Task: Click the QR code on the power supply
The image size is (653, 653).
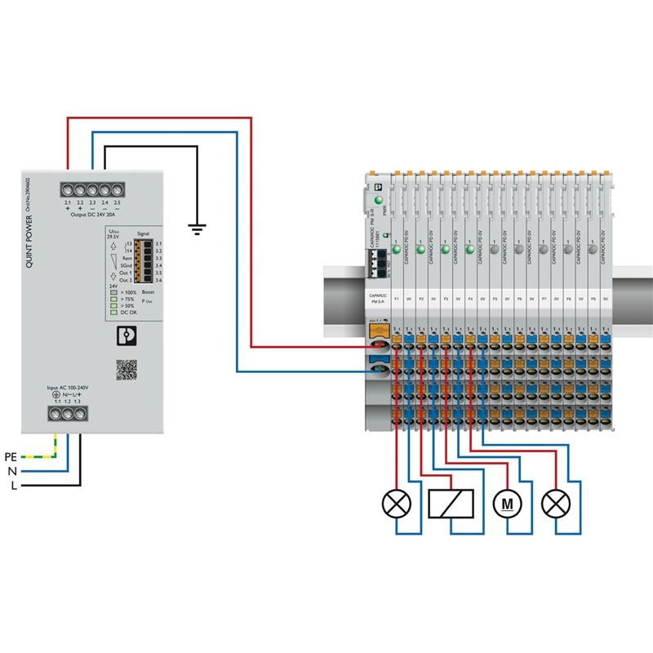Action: (126, 370)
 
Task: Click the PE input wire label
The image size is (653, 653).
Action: (11, 456)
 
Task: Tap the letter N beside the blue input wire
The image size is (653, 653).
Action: (12, 471)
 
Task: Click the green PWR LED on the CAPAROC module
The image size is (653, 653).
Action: (379, 200)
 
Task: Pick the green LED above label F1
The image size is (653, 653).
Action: (396, 251)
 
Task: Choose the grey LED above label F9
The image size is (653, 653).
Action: (593, 251)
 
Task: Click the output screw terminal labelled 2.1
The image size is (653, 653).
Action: (68, 189)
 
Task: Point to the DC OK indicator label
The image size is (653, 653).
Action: (128, 313)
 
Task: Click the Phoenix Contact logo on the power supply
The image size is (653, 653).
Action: (126, 335)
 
